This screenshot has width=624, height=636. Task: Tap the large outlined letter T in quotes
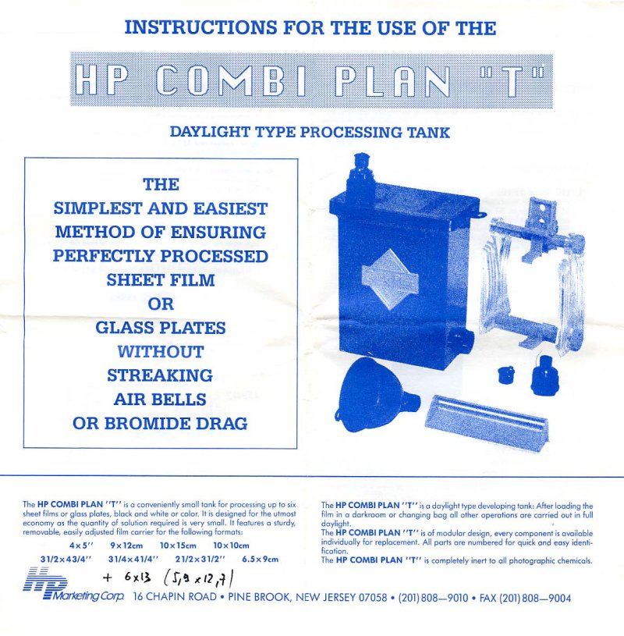coord(512,80)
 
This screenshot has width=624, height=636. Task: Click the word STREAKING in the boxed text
coord(160,375)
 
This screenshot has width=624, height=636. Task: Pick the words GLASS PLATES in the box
coord(161,328)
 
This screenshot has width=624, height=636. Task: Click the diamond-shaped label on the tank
coord(390,280)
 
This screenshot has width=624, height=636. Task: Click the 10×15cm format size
coord(178,545)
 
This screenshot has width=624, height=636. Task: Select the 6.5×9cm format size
coord(260,559)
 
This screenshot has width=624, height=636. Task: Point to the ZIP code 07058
coord(373,598)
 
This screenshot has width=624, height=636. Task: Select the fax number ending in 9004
coord(525,598)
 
